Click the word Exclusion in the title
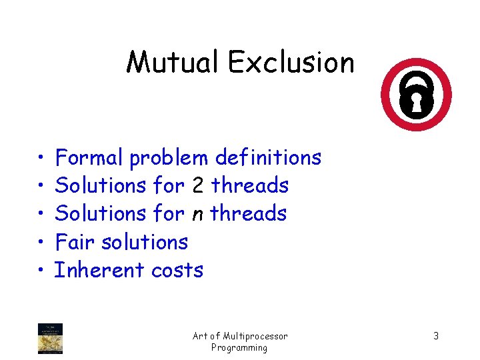(291, 63)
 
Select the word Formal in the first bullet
(89, 158)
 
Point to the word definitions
(268, 158)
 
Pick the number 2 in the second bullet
(197, 186)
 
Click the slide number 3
(436, 336)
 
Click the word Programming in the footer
(239, 347)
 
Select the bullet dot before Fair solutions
(41, 242)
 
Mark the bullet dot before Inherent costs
(41, 270)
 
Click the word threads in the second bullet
(250, 186)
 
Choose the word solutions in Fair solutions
(145, 242)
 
